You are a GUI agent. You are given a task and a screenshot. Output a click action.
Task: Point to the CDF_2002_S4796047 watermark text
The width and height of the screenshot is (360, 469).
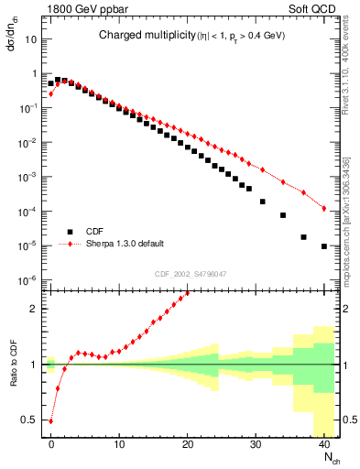(x=191, y=273)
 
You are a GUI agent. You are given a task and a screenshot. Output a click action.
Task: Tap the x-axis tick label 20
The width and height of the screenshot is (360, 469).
(x=188, y=443)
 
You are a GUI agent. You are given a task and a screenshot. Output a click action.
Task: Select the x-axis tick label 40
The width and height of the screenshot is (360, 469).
(x=324, y=443)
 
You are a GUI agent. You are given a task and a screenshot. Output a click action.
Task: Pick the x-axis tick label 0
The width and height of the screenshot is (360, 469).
(x=51, y=443)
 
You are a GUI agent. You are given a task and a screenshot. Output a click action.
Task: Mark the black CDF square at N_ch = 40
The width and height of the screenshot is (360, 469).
(x=324, y=246)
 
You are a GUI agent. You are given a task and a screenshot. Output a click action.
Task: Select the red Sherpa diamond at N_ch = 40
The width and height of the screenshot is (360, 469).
(x=324, y=209)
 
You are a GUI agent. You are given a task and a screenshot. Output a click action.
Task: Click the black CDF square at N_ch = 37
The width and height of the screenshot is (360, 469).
(x=304, y=236)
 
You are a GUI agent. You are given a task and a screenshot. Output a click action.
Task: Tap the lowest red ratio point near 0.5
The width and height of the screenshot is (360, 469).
(x=51, y=421)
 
